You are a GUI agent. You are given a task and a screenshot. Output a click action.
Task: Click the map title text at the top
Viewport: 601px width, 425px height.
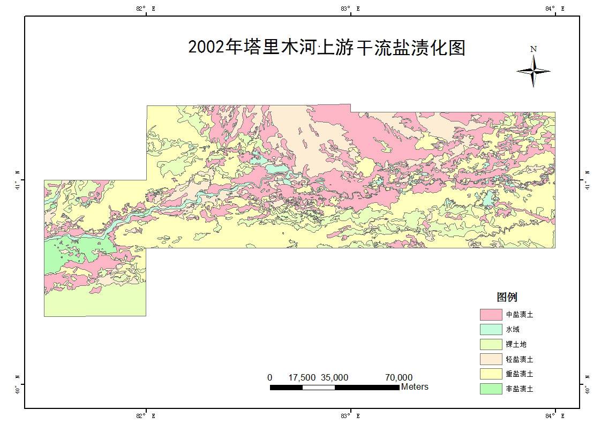(x=327, y=48)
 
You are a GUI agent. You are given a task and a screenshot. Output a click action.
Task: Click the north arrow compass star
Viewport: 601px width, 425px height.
(x=534, y=71)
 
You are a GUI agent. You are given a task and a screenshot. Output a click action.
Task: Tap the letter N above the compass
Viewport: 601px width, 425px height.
(x=534, y=49)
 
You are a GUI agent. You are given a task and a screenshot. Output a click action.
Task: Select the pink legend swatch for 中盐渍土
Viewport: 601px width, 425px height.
(x=490, y=314)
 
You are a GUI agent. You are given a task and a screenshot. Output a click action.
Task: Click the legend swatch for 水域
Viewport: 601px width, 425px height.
(x=490, y=329)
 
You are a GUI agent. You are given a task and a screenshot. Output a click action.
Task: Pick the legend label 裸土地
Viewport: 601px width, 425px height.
(x=516, y=344)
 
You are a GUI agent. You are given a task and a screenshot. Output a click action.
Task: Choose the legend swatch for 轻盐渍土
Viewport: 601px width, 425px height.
(x=490, y=359)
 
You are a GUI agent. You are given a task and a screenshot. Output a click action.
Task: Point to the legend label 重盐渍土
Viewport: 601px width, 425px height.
(x=519, y=374)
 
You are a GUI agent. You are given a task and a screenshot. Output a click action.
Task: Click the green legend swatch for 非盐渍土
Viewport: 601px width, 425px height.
(x=490, y=389)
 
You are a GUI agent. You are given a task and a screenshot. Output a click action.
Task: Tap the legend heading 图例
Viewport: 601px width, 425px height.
(x=507, y=298)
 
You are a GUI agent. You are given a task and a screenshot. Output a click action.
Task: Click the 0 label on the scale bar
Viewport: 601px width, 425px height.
(x=270, y=377)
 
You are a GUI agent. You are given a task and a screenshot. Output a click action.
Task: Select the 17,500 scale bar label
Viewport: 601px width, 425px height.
(x=302, y=377)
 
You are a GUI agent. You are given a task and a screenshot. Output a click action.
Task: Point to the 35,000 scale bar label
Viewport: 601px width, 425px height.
(x=335, y=377)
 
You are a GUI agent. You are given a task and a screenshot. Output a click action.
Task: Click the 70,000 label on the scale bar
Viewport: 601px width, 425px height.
(x=399, y=377)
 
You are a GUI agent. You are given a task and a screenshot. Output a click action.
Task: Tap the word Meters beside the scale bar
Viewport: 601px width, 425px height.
(x=415, y=386)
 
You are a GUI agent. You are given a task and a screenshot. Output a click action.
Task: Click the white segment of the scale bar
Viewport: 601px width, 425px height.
(x=319, y=387)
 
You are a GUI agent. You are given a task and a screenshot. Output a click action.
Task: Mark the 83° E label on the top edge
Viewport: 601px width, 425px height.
(x=351, y=8)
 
